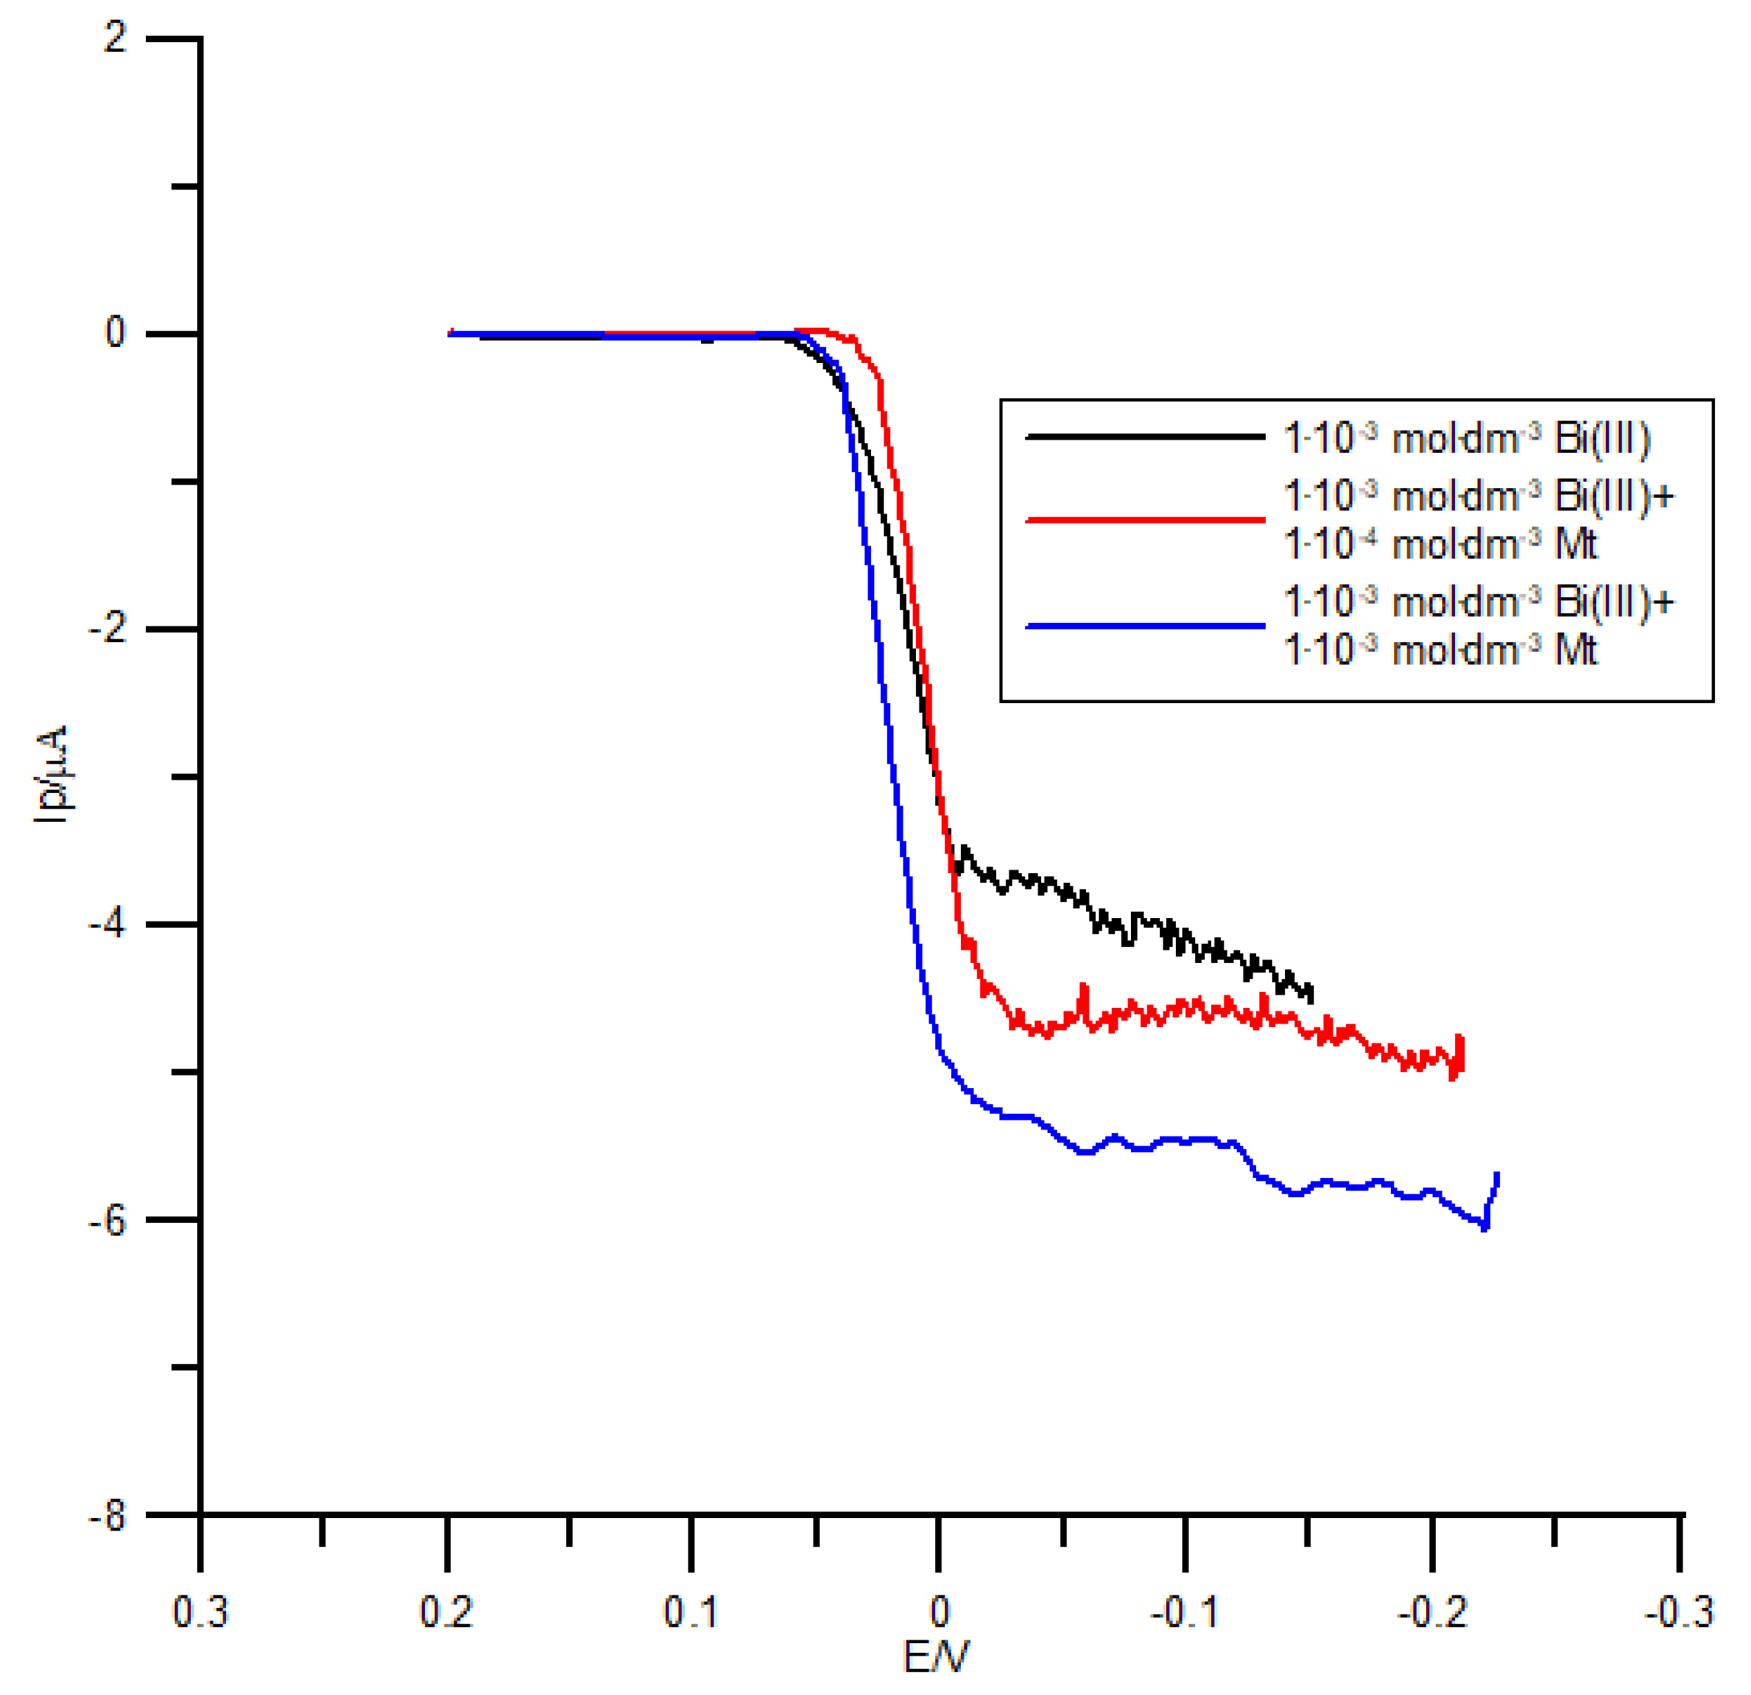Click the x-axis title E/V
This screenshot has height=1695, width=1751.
tap(936, 1658)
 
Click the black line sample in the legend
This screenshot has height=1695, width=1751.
tap(1145, 437)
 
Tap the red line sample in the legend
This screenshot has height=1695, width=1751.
tap(1145, 519)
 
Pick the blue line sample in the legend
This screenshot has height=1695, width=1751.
tap(1145, 626)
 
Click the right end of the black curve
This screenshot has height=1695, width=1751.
tap(1311, 998)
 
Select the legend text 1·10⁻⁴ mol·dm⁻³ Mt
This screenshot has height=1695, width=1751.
tap(1440, 543)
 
